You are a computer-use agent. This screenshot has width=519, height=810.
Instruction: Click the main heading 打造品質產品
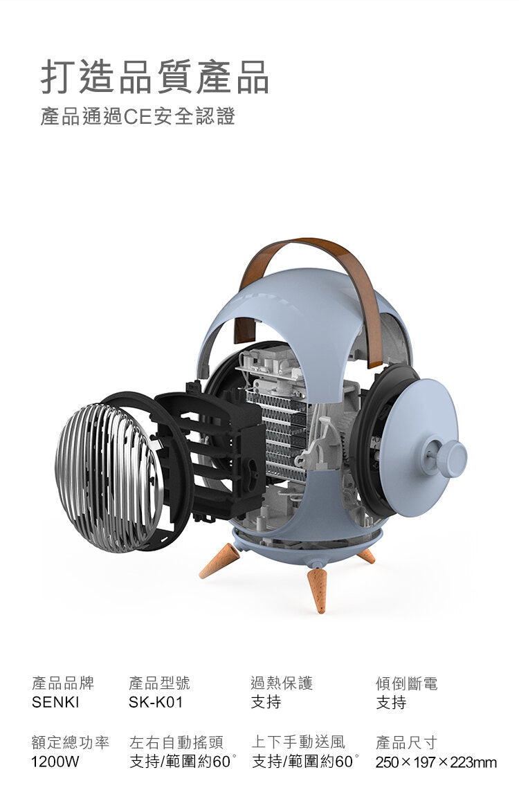click(x=154, y=77)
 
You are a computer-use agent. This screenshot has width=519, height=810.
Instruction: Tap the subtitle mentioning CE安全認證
click(x=138, y=116)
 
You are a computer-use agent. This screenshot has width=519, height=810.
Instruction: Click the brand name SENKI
click(x=55, y=703)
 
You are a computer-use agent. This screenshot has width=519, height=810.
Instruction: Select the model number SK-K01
click(x=156, y=703)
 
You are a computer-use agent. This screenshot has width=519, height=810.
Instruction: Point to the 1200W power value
click(x=55, y=762)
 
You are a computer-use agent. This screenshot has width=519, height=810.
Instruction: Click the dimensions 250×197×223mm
click(x=436, y=762)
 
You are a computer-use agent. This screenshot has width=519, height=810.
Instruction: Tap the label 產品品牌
click(x=63, y=683)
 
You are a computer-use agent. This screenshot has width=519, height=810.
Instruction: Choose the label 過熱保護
click(x=282, y=683)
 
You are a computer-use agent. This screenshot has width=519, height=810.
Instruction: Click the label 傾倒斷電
click(x=406, y=683)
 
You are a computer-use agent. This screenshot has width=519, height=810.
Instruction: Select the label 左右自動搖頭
click(x=176, y=743)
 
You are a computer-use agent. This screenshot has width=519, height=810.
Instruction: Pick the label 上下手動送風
click(x=298, y=743)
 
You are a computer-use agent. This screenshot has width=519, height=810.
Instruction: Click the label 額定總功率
click(x=71, y=743)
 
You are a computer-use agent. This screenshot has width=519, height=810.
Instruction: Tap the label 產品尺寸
click(x=406, y=743)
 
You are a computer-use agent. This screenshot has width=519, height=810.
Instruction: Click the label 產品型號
click(x=159, y=683)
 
